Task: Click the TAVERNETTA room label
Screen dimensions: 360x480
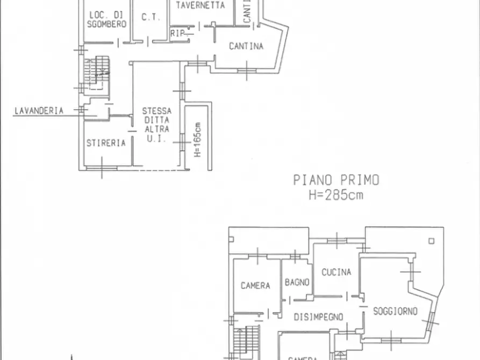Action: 200,5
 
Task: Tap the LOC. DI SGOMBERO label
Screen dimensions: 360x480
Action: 106,19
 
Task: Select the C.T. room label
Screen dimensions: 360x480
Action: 151,17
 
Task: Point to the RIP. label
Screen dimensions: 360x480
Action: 178,33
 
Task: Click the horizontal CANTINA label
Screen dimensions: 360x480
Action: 246,46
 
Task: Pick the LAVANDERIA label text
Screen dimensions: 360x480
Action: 39,111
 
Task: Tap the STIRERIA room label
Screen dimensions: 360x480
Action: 106,143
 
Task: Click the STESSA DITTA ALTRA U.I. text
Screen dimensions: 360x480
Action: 156,125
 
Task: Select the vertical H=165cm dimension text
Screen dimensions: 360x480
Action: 198,140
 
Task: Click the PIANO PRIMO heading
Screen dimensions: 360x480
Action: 336,180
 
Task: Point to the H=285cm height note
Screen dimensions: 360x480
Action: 336,195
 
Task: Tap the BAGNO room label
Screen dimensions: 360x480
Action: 297,282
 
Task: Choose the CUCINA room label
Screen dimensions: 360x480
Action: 336,272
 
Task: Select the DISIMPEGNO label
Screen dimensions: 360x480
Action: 318,318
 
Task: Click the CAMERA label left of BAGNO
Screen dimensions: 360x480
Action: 255,286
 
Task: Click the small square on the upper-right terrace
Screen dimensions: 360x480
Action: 431,241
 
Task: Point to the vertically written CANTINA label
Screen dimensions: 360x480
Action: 247,11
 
